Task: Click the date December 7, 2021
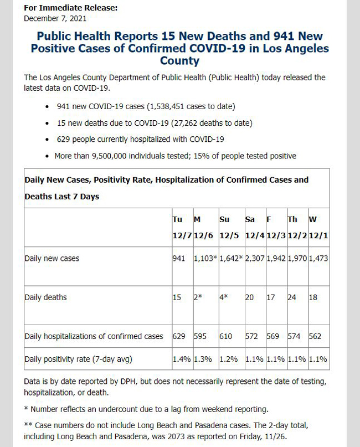coord(55,18)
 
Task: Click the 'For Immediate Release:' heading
coord(71,8)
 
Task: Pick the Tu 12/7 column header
coord(182,228)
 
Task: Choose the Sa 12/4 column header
coord(255,228)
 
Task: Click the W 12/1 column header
coord(318,228)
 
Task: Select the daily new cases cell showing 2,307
coord(255,259)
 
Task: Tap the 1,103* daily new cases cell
coord(205,259)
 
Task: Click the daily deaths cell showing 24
coord(292,297)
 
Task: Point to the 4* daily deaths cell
coord(224,297)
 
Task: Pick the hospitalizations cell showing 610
coord(226,336)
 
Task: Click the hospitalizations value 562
coord(315,336)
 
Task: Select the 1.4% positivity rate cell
coord(182,359)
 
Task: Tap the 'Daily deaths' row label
coord(45,297)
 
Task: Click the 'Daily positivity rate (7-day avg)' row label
coord(79,359)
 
